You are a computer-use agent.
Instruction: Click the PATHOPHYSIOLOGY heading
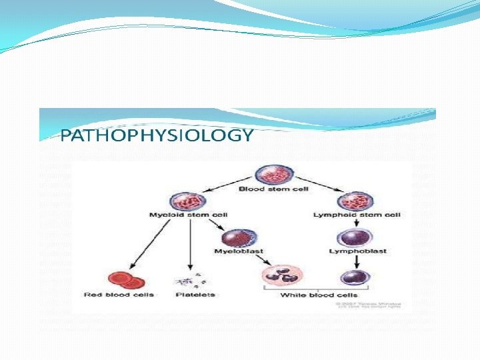pos(157,136)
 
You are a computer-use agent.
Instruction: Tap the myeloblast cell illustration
pos(239,237)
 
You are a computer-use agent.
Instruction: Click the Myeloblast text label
pos(239,251)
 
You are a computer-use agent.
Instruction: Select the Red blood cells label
pos(119,295)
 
